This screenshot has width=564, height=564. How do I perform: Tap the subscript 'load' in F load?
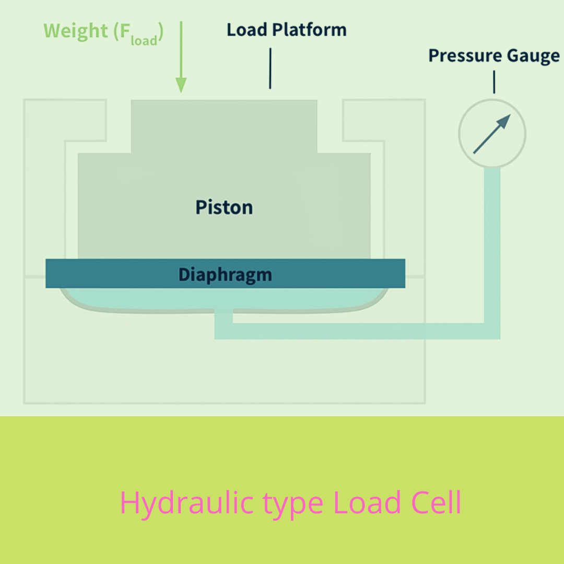click(144, 40)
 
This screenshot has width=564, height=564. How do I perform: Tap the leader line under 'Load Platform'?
click(270, 68)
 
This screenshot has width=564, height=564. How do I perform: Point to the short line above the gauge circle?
click(494, 82)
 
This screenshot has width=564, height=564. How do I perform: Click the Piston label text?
click(224, 207)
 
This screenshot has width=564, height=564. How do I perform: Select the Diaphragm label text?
click(225, 274)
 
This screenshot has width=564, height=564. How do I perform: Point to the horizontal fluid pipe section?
click(355, 331)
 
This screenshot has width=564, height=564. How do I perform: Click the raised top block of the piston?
click(224, 125)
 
